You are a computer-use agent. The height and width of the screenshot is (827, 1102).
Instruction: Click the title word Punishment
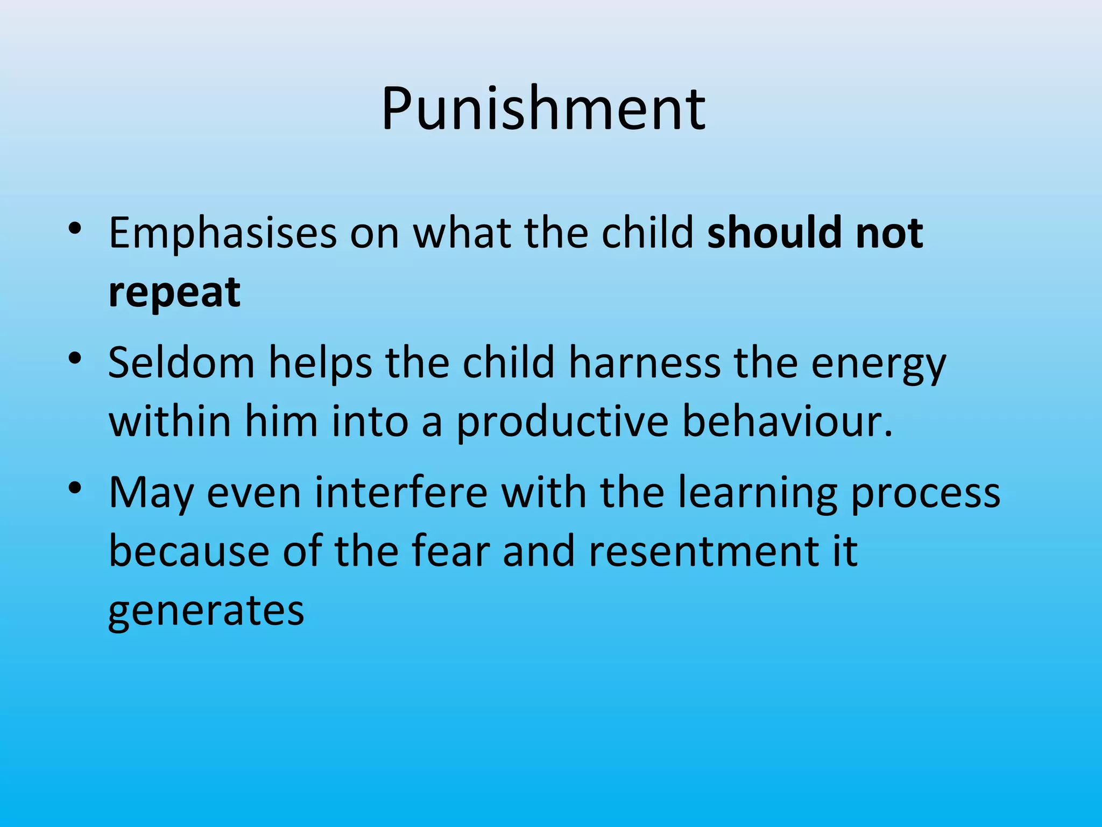coord(543,109)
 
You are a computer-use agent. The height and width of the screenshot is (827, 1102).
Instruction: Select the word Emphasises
coord(223,233)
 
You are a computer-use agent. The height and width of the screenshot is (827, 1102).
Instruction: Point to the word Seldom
coord(181,362)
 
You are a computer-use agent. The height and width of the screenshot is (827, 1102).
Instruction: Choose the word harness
coord(645,362)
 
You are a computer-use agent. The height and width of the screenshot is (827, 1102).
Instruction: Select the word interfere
coord(401,492)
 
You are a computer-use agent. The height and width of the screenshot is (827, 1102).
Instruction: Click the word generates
coord(206,612)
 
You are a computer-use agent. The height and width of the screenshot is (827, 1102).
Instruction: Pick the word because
coord(189,551)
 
